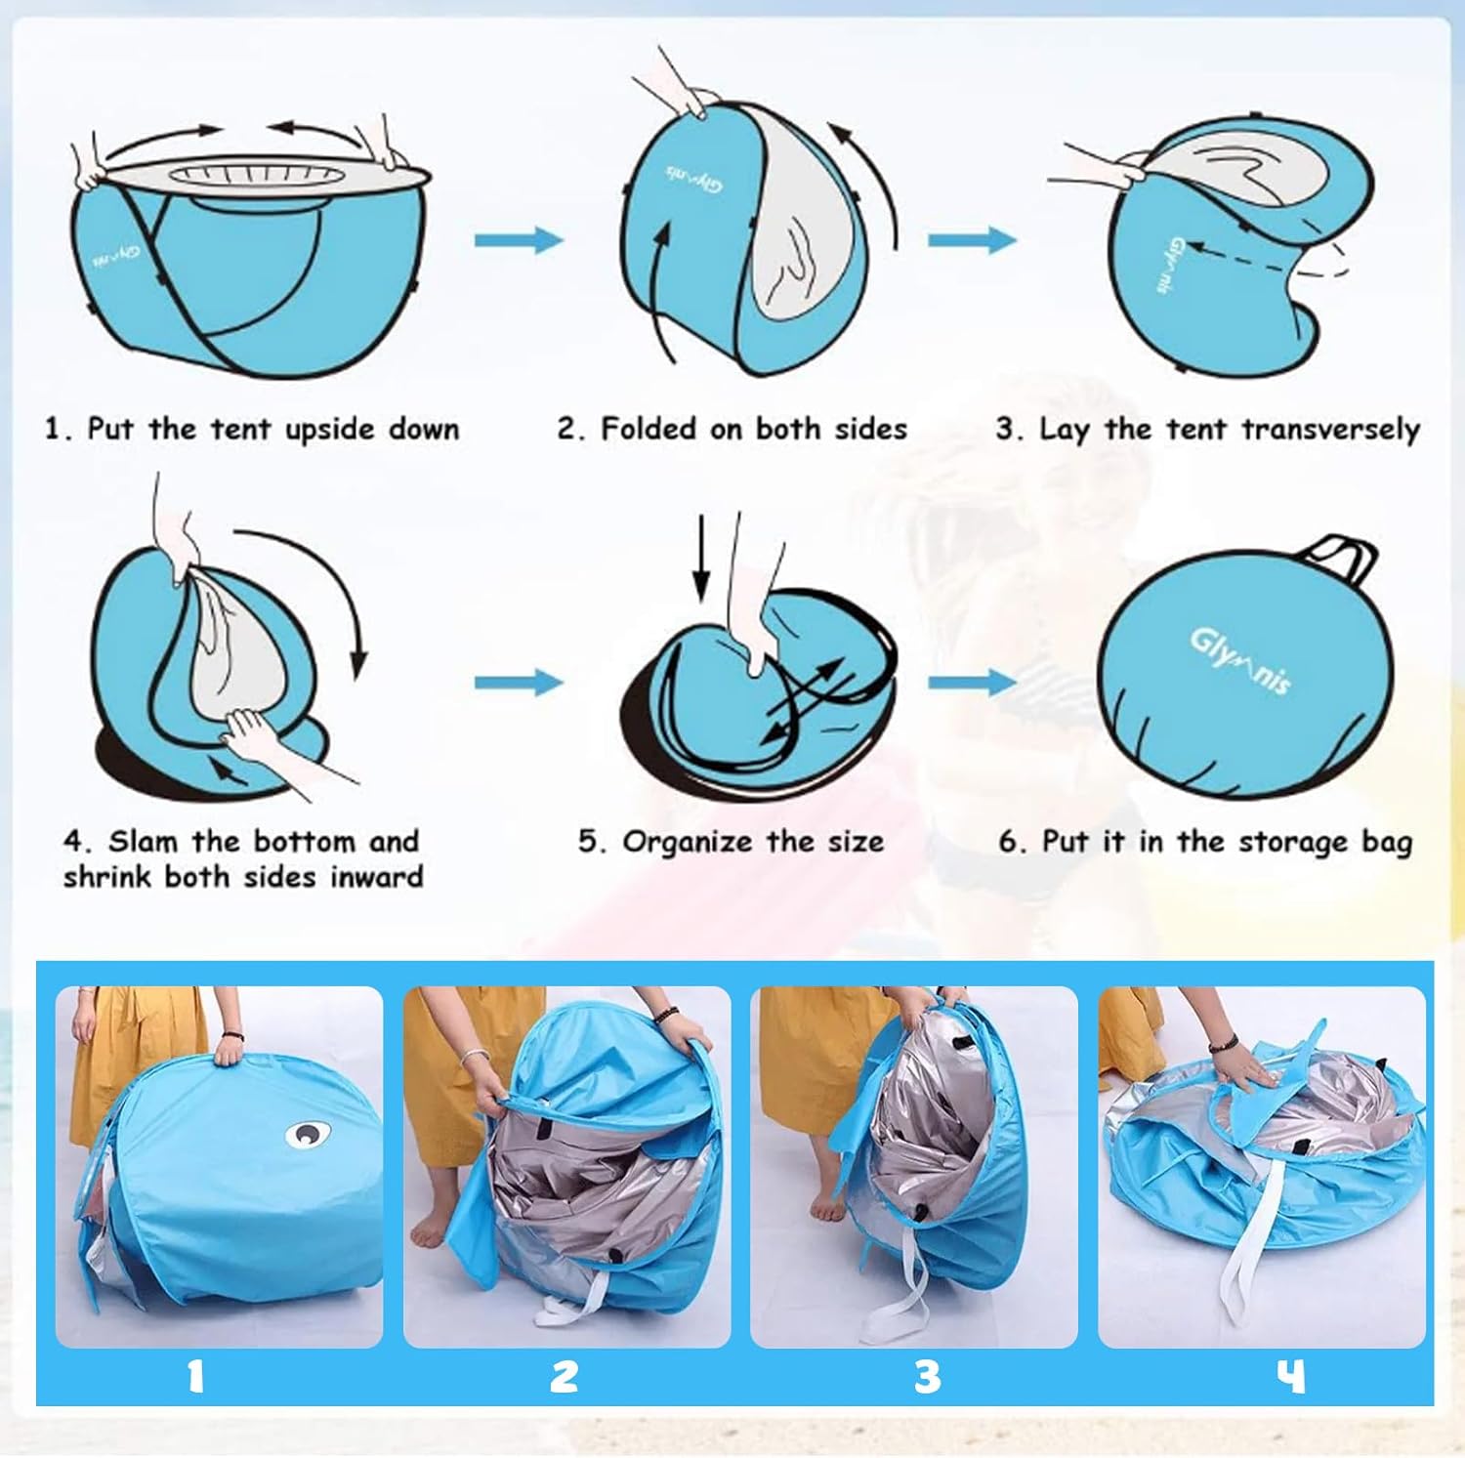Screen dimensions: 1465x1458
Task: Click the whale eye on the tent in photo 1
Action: pyautogui.click(x=308, y=1135)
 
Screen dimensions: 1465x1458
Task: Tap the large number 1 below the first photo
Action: pyautogui.click(x=196, y=1376)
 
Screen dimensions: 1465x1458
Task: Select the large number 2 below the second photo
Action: pyautogui.click(x=565, y=1376)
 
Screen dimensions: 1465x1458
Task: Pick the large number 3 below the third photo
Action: pyautogui.click(x=927, y=1376)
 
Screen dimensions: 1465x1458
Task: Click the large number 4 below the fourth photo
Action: pyautogui.click(x=1291, y=1376)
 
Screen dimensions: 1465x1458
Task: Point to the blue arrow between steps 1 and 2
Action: pyautogui.click(x=520, y=239)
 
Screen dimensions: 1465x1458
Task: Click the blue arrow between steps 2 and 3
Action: pyautogui.click(x=972, y=239)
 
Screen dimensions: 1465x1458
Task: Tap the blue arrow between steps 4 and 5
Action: pyautogui.click(x=520, y=681)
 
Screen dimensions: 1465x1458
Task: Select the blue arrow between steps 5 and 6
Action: pyautogui.click(x=972, y=681)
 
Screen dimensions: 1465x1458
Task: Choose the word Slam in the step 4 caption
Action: pyautogui.click(x=145, y=841)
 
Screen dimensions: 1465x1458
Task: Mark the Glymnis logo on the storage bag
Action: pyautogui.click(x=1239, y=660)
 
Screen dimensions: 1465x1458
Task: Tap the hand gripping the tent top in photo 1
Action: pyautogui.click(x=227, y=1049)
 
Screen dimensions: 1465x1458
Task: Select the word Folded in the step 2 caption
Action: pyautogui.click(x=649, y=429)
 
